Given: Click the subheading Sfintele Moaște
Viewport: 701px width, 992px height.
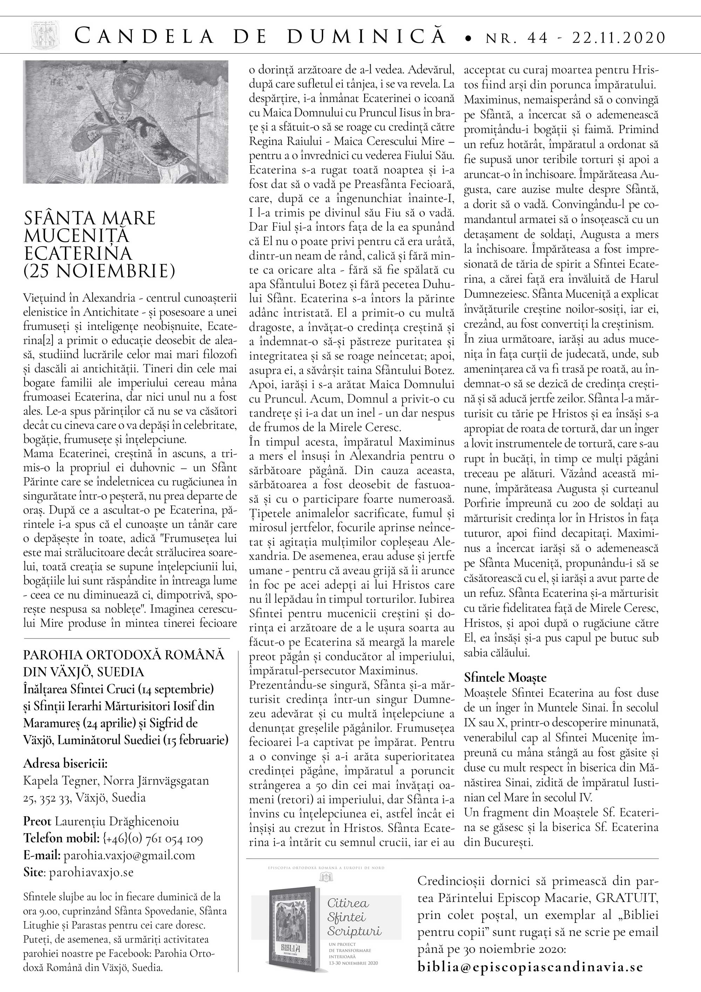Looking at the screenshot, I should (505, 677).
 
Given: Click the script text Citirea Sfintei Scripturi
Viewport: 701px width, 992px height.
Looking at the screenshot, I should (348, 916).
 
